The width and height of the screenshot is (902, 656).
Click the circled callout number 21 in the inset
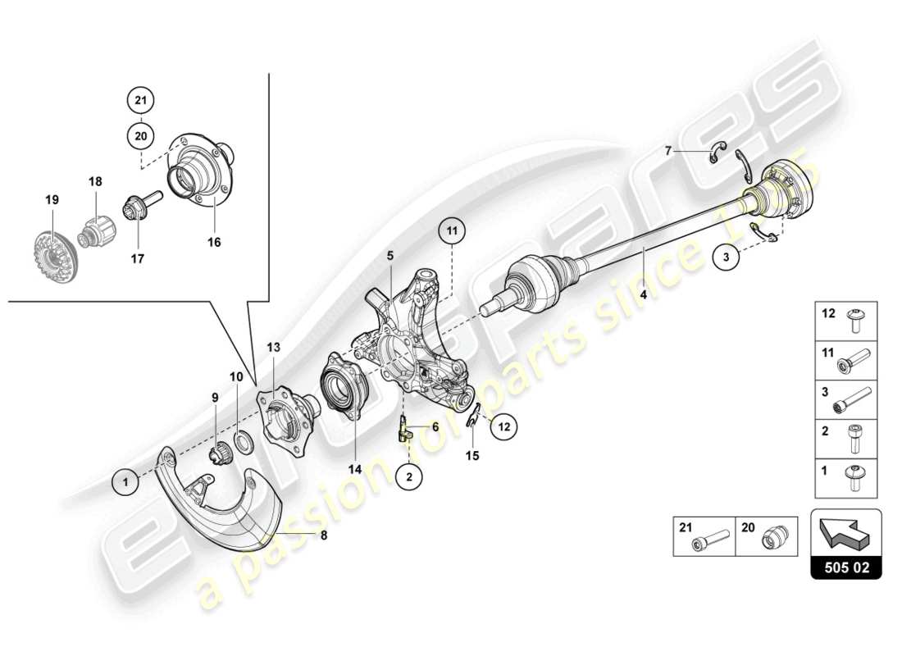pyautogui.click(x=140, y=101)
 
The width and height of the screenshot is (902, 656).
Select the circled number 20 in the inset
pyautogui.click(x=140, y=134)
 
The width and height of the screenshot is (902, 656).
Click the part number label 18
pyautogui.click(x=95, y=180)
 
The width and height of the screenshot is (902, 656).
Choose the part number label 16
pyautogui.click(x=215, y=242)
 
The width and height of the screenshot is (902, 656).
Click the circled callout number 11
pyautogui.click(x=450, y=233)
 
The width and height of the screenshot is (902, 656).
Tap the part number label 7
pyautogui.click(x=669, y=150)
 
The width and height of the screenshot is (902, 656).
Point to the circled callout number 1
pyautogui.click(x=125, y=483)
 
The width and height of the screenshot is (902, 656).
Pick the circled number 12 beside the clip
pyautogui.click(x=503, y=426)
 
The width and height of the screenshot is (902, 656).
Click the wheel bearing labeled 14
pyautogui.click(x=339, y=387)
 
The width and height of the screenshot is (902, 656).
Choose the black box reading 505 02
pyautogui.click(x=846, y=567)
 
